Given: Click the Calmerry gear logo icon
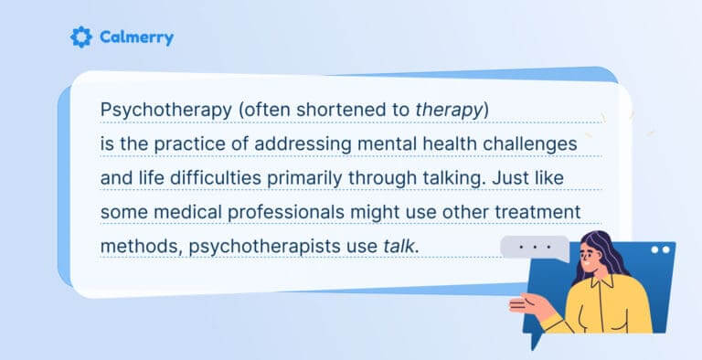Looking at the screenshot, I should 81,37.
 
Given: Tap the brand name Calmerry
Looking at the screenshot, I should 135,37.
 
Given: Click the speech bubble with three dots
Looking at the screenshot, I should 536,248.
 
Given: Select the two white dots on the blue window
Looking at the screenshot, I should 660,249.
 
